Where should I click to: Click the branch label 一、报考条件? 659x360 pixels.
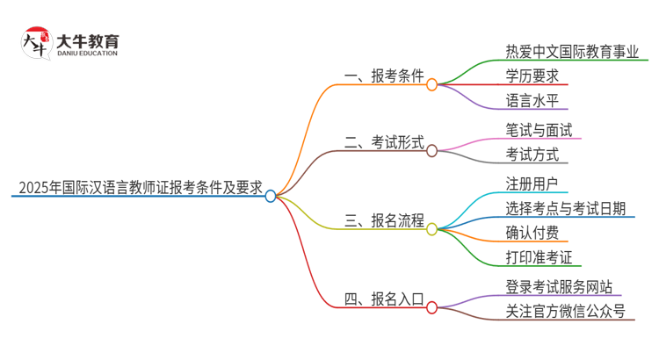coord(385,76)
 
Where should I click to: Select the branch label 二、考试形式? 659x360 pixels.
coord(385,142)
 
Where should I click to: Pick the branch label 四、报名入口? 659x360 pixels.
coord(385,299)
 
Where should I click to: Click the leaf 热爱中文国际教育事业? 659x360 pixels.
coord(572,50)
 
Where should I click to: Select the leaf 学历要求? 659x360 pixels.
coord(532,76)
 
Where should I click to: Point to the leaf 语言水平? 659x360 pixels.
coord(532,101)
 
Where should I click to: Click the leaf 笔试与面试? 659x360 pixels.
coord(539,130)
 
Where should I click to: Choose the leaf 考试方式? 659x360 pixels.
coord(532,155)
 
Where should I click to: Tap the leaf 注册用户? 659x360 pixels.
coord(532,183)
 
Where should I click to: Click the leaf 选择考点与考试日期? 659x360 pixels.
coord(565,208)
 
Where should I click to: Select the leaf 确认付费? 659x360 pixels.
coord(532,234)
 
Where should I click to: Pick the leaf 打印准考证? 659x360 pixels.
coord(539,258)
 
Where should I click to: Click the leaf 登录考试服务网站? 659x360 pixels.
coord(559,287)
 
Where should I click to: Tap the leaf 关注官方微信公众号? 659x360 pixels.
coord(565,312)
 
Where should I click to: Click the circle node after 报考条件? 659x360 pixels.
coord(431,84)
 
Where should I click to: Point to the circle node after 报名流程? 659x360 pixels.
coord(431,229)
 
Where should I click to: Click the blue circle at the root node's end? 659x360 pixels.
coord(271,196)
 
